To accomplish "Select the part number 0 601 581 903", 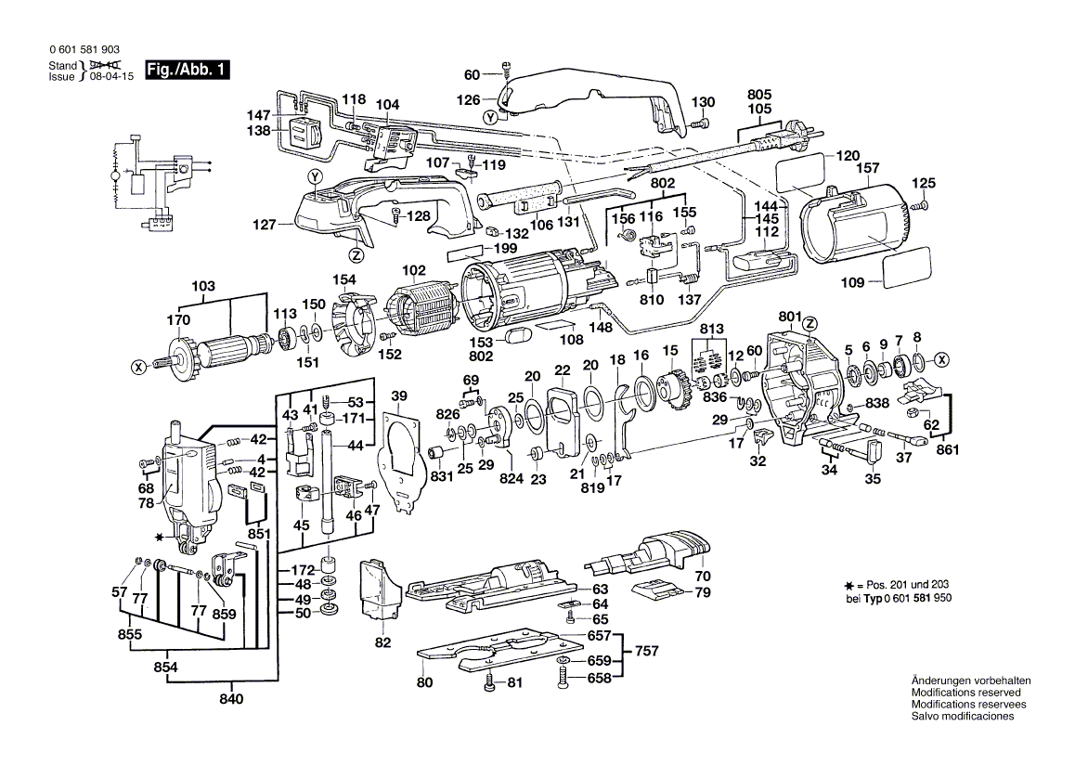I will tap(82, 50).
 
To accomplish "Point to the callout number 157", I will tap(867, 168).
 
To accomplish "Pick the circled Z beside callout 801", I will tap(811, 323).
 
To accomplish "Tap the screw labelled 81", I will tap(490, 685).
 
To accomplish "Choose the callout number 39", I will tap(399, 397).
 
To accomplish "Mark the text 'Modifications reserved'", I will tap(965, 693).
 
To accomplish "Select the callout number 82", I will tap(383, 642).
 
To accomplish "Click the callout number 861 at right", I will tap(946, 450).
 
